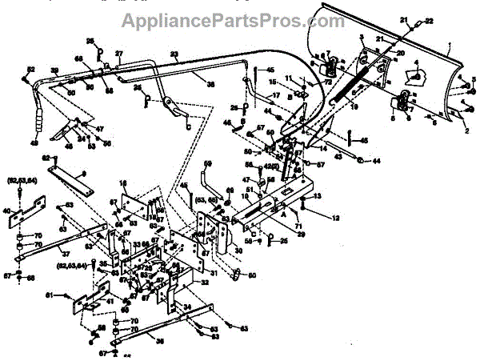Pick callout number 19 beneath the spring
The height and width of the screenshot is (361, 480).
356,105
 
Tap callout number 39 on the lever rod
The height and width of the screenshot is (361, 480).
54,72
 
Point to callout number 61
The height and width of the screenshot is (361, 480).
71,297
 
